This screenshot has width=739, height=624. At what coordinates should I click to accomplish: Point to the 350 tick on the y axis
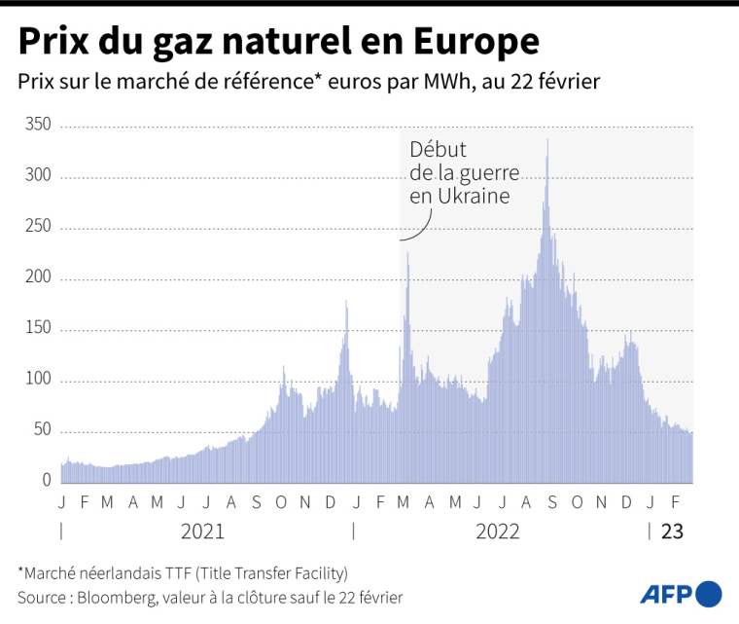coord(37,126)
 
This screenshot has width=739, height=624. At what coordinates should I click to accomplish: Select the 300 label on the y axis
coord(37,176)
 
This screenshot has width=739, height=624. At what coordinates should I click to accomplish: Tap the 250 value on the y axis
coord(37,228)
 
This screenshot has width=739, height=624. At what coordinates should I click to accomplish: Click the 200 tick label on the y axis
coord(37,278)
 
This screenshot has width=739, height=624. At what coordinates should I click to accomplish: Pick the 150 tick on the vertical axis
coord(37,330)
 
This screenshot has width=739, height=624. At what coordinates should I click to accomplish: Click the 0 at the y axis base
coord(46,480)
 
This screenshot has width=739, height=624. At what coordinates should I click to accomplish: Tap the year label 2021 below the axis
coord(203,532)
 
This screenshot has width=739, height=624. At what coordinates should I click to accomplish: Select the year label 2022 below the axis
coord(497,532)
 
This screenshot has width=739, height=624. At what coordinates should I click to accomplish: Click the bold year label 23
coord(672,532)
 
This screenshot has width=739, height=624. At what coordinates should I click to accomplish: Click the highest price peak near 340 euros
coord(547,140)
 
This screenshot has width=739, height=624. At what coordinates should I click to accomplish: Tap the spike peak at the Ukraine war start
coord(407,255)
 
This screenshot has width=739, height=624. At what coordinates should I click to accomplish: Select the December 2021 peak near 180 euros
coord(346,303)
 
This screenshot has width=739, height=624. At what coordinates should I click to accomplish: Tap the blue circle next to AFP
coord(710,593)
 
